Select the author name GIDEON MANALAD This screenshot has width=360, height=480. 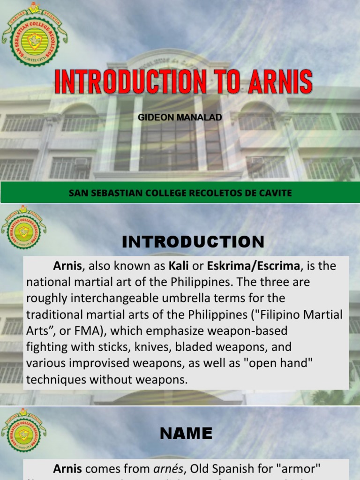tap(180, 117)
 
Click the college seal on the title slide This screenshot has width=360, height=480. tap(34, 35)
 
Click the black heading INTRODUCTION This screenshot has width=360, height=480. tap(193, 242)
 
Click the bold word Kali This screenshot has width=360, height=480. tap(179, 266)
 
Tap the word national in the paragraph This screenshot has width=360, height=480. tap(50, 283)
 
